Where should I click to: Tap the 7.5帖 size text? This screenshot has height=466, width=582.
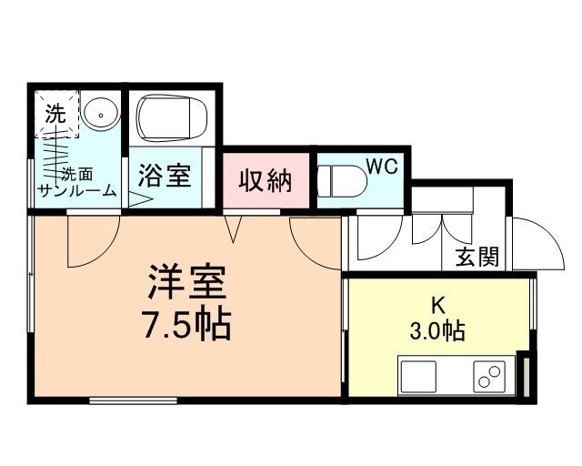click(188, 323)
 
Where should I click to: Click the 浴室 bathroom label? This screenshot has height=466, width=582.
click(165, 175)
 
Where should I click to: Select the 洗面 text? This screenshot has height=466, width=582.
click(76, 173)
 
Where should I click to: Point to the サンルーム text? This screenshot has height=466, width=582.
click(76, 190)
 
